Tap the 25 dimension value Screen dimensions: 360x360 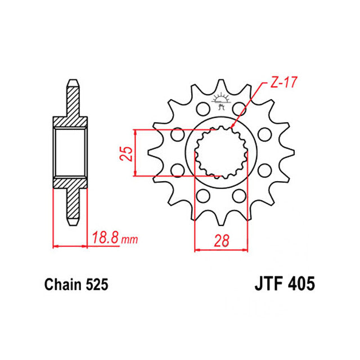click(126, 154)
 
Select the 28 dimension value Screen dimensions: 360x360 click(222, 240)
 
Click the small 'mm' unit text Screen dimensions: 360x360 click(130, 240)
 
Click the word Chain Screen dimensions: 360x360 click(63, 285)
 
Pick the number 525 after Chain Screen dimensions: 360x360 click(97, 285)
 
